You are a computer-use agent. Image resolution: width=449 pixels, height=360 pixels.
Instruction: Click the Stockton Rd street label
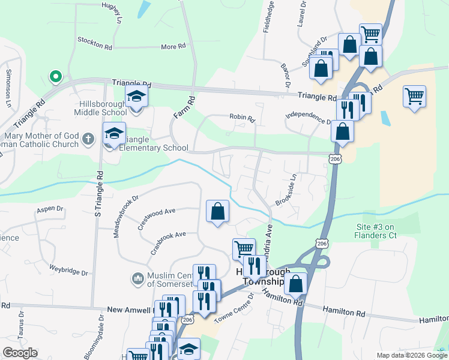tap(95, 41)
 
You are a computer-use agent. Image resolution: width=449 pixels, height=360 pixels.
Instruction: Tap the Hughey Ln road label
tap(112, 11)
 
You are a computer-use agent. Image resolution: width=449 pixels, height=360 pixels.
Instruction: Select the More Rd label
tap(173, 46)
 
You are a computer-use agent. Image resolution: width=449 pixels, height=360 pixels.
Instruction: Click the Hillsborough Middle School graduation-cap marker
tap(136, 96)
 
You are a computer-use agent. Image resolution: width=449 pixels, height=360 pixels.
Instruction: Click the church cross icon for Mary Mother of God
tap(88, 139)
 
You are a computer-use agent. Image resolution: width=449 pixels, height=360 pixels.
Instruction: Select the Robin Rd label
tap(242, 118)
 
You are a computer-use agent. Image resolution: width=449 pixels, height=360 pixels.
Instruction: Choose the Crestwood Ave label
tap(156, 215)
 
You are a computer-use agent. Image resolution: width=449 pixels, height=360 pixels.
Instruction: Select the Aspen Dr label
tap(50, 209)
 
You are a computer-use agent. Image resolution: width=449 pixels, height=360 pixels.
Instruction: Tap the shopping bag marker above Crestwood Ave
tap(217, 211)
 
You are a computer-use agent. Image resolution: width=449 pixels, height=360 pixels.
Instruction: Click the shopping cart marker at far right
tap(415, 96)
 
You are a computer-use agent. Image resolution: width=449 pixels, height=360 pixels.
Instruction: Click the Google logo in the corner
tap(20, 353)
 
